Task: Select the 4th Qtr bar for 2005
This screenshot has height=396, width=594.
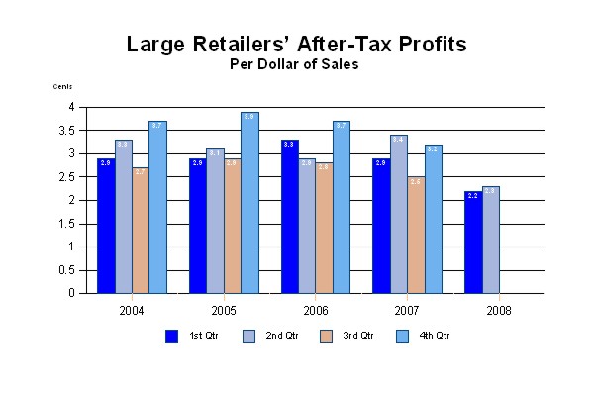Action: point(249,203)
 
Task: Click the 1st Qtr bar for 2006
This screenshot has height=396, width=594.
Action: point(290,217)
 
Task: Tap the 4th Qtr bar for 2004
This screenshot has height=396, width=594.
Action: point(157,207)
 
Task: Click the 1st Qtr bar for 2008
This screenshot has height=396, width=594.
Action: point(473,242)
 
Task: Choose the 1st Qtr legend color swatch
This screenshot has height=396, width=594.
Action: point(171,336)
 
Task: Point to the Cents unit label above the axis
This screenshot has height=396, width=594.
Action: point(62,86)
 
